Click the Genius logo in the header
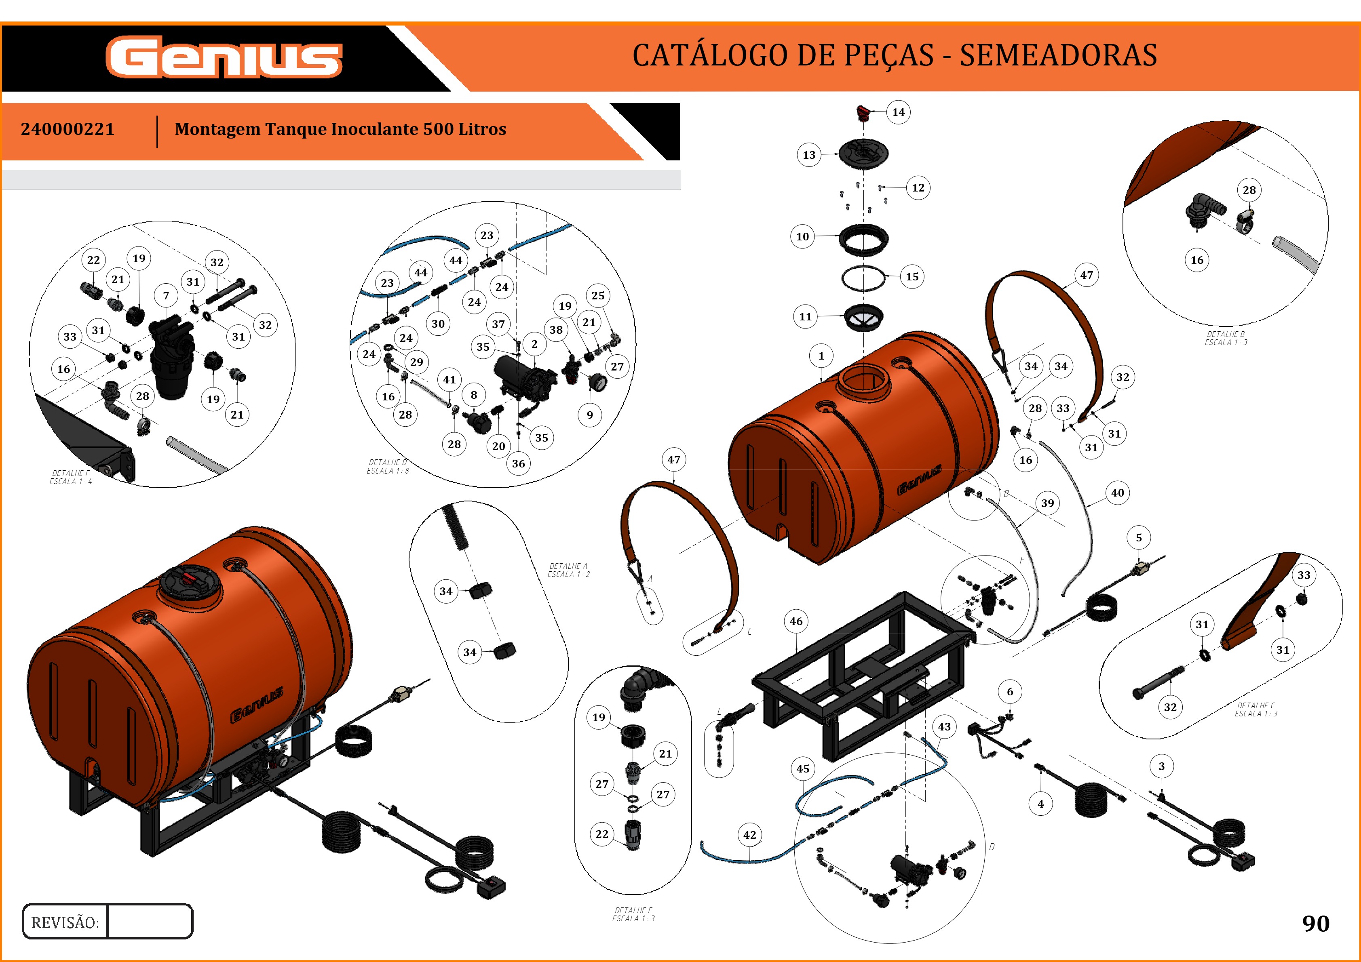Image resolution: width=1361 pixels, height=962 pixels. [224, 57]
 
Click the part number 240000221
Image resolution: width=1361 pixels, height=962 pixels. [68, 129]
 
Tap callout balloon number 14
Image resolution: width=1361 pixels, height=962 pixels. [898, 112]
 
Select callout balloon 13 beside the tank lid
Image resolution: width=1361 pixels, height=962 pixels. [808, 155]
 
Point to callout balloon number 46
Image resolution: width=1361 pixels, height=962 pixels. [795, 621]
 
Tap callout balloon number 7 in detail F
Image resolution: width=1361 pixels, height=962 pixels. [166, 295]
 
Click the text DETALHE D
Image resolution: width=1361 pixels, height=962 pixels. [388, 462]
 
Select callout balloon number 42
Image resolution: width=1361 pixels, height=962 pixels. [749, 835]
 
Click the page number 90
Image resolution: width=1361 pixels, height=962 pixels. [1315, 923]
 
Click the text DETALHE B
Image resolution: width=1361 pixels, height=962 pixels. [1225, 334]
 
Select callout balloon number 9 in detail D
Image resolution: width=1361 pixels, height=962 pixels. [589, 415]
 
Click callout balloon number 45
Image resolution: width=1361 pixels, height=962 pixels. [803, 768]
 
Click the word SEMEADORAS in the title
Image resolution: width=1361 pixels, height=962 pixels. [1058, 55]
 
